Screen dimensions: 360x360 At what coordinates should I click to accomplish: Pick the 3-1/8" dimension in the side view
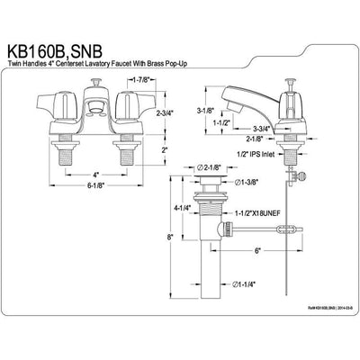pos(204,112)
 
